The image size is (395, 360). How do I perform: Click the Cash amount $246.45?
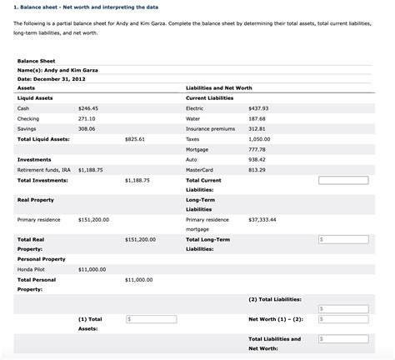[87, 108]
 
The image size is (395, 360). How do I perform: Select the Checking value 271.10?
[87, 118]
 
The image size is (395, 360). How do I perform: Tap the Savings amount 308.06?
[87, 128]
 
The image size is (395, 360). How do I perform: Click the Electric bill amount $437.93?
[258, 108]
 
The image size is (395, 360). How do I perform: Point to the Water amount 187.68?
[257, 118]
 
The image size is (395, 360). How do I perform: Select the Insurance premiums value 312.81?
[257, 128]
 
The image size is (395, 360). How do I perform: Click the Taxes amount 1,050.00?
[259, 138]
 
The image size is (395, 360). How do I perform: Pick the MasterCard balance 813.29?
[257, 169]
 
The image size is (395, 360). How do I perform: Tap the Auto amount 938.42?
[257, 158]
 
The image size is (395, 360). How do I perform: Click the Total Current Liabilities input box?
[342, 180]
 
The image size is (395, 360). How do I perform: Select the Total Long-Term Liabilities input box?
[342, 240]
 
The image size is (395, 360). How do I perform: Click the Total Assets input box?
[151, 319]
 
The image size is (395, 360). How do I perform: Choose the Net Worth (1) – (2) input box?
[342, 319]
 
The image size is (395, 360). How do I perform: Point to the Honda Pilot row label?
[32, 270]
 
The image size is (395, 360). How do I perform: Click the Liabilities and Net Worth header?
[220, 87]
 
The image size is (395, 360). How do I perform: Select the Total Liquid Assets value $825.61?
[135, 138]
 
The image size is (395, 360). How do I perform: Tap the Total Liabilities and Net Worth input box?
[342, 339]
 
